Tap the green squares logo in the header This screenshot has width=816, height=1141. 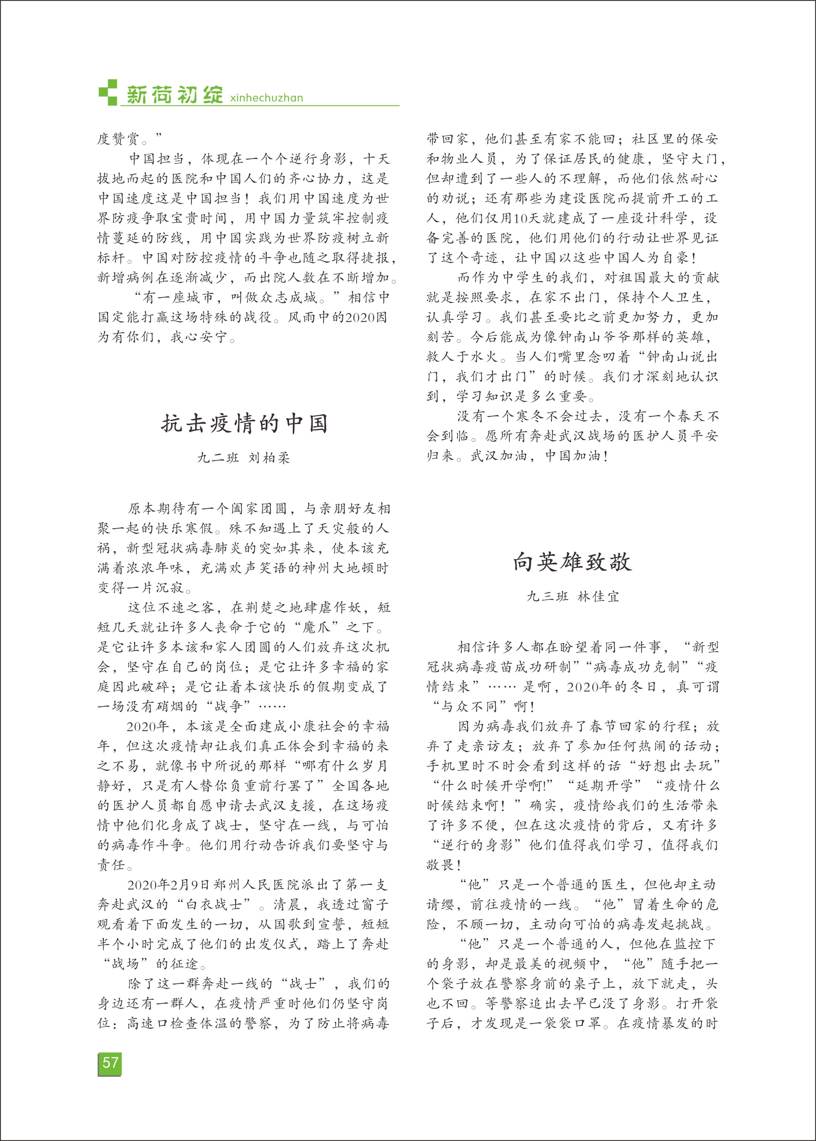pos(108,92)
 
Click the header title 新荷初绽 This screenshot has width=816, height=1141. pos(174,95)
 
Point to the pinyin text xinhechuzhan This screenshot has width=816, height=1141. pos(266,98)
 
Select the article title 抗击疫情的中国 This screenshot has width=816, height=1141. pos(244,423)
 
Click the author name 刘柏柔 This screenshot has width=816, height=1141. pos(269,458)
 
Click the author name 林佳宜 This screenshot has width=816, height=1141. pos(599,597)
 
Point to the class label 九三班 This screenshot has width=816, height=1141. pos(547,597)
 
